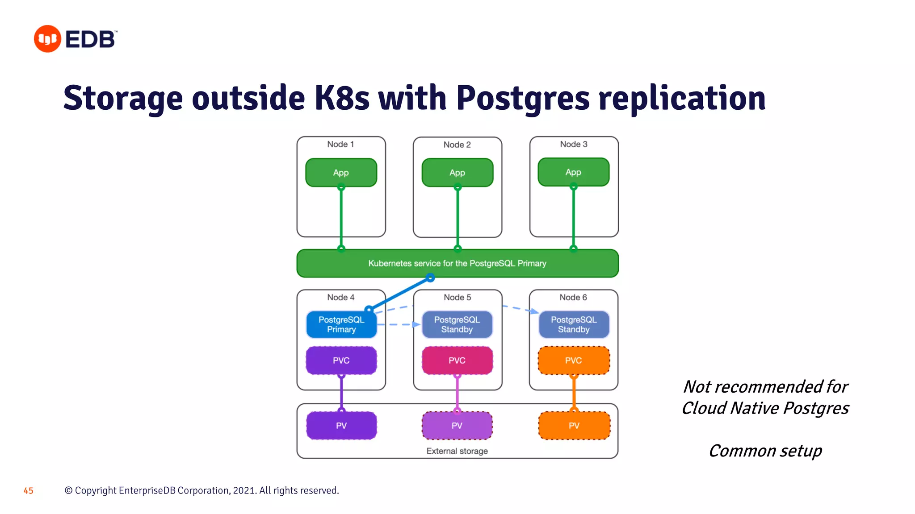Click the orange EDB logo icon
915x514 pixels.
(x=47, y=39)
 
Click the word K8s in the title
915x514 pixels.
(x=342, y=98)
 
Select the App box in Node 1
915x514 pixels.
(x=341, y=173)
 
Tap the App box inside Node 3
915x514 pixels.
(x=573, y=172)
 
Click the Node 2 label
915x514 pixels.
(x=457, y=145)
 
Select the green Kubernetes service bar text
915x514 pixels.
(x=457, y=263)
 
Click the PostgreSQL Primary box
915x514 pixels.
(x=341, y=324)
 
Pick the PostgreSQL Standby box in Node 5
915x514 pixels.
(x=457, y=324)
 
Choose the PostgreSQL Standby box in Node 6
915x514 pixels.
(x=574, y=324)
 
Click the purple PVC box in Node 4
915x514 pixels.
(x=341, y=361)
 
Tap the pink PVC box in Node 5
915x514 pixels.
(x=457, y=361)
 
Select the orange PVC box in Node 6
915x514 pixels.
(x=574, y=361)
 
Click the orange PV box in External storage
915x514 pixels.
(x=574, y=426)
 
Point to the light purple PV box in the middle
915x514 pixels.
(x=457, y=426)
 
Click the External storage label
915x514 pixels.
(x=457, y=451)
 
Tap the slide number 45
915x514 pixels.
(x=29, y=491)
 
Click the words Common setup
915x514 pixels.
(x=765, y=451)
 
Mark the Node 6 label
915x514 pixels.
(x=573, y=297)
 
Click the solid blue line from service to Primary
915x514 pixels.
(x=400, y=293)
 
